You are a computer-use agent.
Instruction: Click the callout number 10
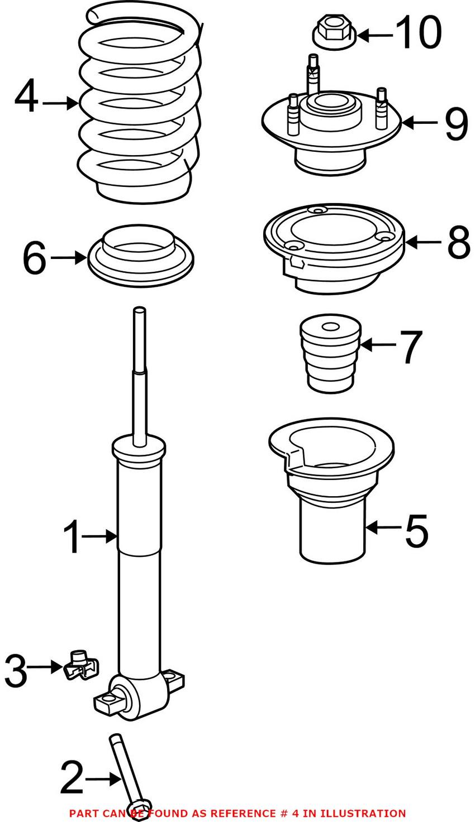[419, 33]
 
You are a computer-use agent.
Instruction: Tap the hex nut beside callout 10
[334, 31]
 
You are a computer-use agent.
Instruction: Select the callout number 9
[457, 125]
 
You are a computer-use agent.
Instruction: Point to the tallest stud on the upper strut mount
[312, 75]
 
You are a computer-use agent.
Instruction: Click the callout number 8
[459, 242]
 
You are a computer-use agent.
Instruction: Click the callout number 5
[416, 530]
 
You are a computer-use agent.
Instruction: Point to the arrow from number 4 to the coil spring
[60, 103]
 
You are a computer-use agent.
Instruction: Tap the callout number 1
[72, 536]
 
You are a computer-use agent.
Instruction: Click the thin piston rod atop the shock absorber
[140, 377]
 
